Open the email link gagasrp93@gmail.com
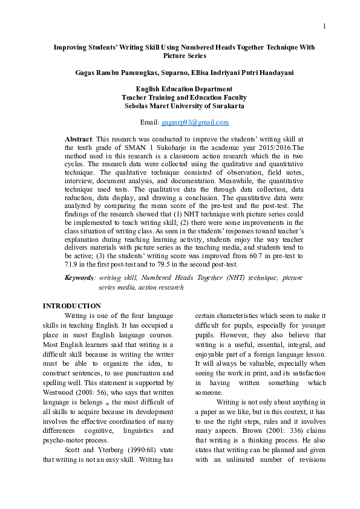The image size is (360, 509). pos(195,122)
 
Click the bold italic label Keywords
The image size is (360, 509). pos(79,277)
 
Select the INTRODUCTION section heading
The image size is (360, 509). pos(71,306)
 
